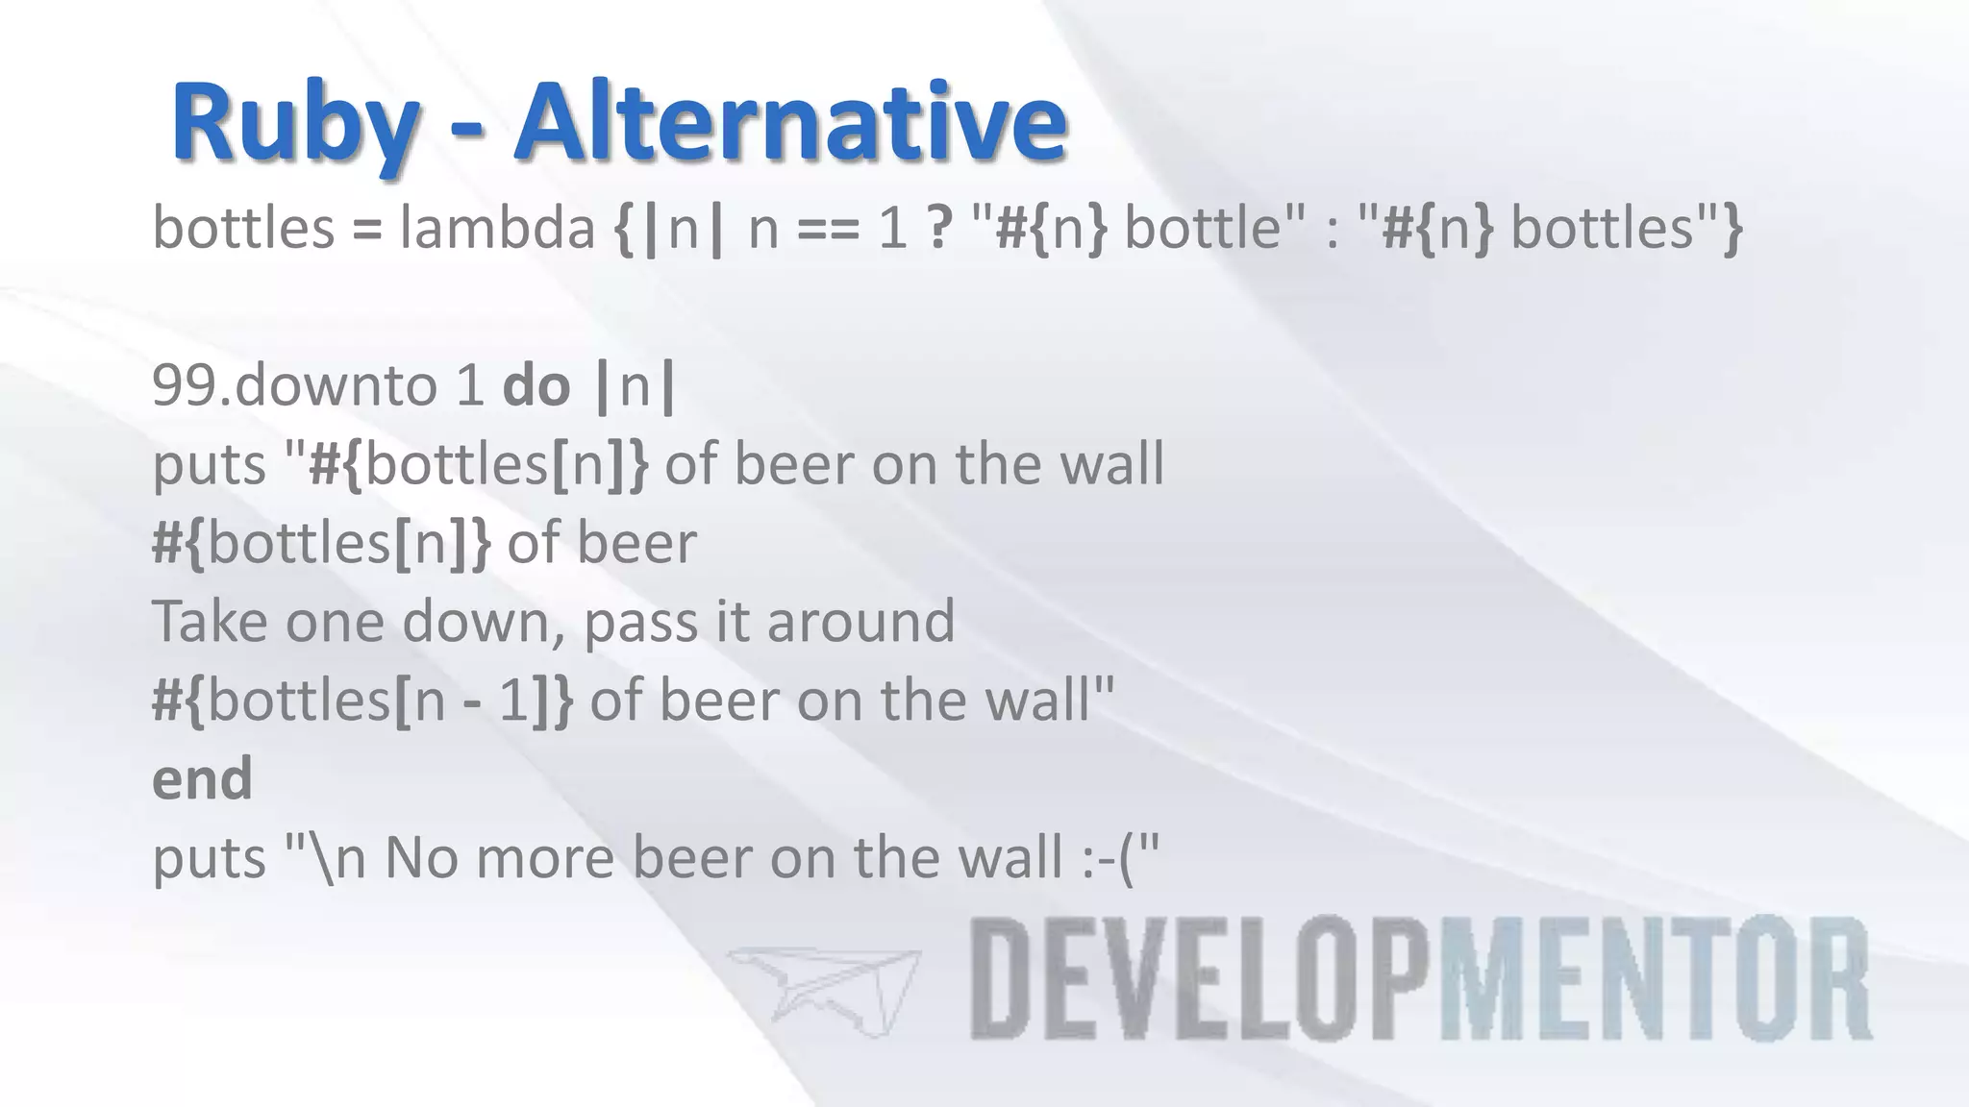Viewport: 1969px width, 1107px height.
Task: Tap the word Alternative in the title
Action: click(790, 123)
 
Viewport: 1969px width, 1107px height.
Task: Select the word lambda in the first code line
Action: click(497, 229)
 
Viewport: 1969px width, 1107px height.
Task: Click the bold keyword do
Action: click(536, 386)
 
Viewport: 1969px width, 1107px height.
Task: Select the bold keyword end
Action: click(202, 778)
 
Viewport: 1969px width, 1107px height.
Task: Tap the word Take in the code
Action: click(211, 622)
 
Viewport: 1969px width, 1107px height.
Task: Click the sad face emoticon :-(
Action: click(1107, 857)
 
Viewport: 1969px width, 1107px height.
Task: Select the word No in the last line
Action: click(420, 857)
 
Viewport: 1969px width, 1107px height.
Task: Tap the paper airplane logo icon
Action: click(824, 990)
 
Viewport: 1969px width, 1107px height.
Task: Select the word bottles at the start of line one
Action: click(242, 229)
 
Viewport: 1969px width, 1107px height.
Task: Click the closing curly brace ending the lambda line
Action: click(1732, 231)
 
